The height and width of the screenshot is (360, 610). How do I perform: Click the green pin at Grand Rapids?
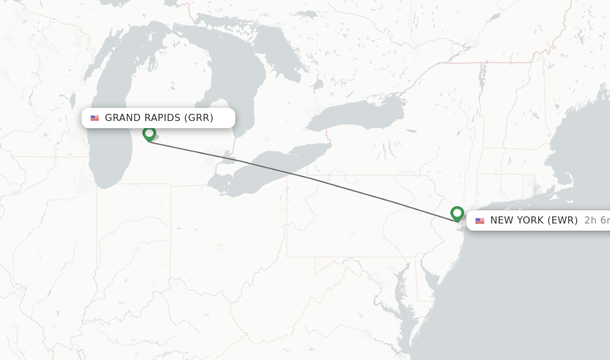pos(150,134)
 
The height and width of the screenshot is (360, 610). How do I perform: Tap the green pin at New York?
pos(457,213)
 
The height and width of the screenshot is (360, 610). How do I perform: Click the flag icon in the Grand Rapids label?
pos(95,118)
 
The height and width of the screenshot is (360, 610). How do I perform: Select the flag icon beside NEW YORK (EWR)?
pos(480,221)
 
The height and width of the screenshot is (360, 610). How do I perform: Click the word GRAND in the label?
pos(123,117)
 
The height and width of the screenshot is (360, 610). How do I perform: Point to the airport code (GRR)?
pos(198,117)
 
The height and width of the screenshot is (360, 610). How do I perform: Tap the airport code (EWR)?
pos(562,220)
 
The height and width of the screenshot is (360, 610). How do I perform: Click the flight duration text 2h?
pos(590,220)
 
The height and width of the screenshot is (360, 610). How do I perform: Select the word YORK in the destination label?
pos(530,220)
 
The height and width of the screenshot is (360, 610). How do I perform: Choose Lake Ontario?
pos(357,113)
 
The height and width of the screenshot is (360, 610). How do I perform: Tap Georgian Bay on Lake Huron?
pos(280,60)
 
